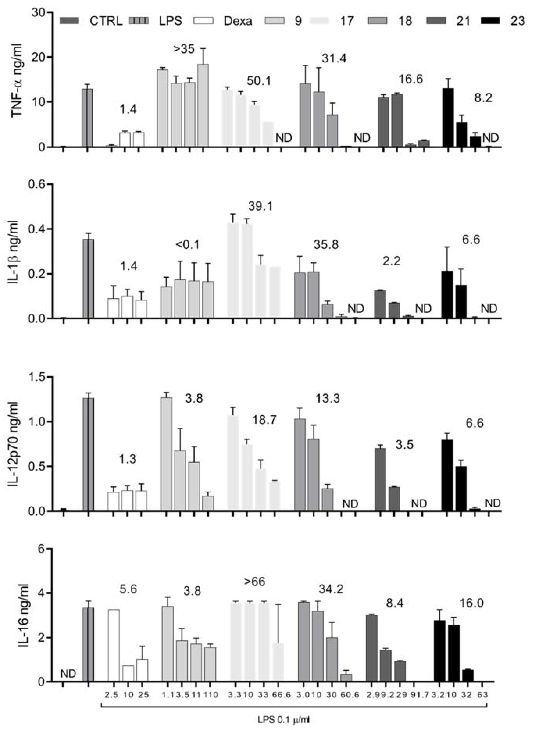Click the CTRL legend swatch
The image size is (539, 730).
pyautogui.click(x=70, y=21)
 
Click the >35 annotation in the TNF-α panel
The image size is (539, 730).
pyautogui.click(x=184, y=49)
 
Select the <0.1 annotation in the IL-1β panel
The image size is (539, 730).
pyautogui.click(x=188, y=244)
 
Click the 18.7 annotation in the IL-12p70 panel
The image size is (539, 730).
pyautogui.click(x=264, y=420)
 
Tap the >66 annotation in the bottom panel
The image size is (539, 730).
pyautogui.click(x=255, y=581)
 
